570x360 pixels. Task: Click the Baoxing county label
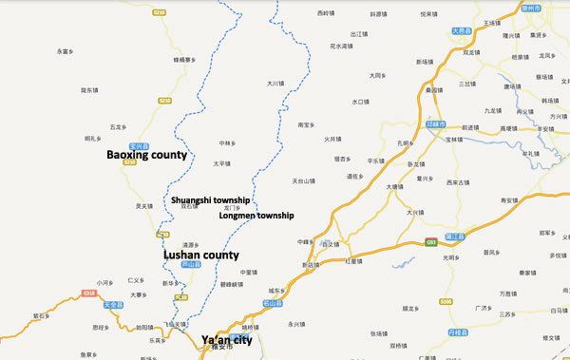click(x=146, y=155)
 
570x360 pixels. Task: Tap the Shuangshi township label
click(x=210, y=200)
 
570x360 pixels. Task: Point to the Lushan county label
click(x=201, y=256)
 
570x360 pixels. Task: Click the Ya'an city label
click(x=227, y=339)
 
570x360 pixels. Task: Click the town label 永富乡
click(x=66, y=51)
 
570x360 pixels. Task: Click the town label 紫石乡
click(x=40, y=314)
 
